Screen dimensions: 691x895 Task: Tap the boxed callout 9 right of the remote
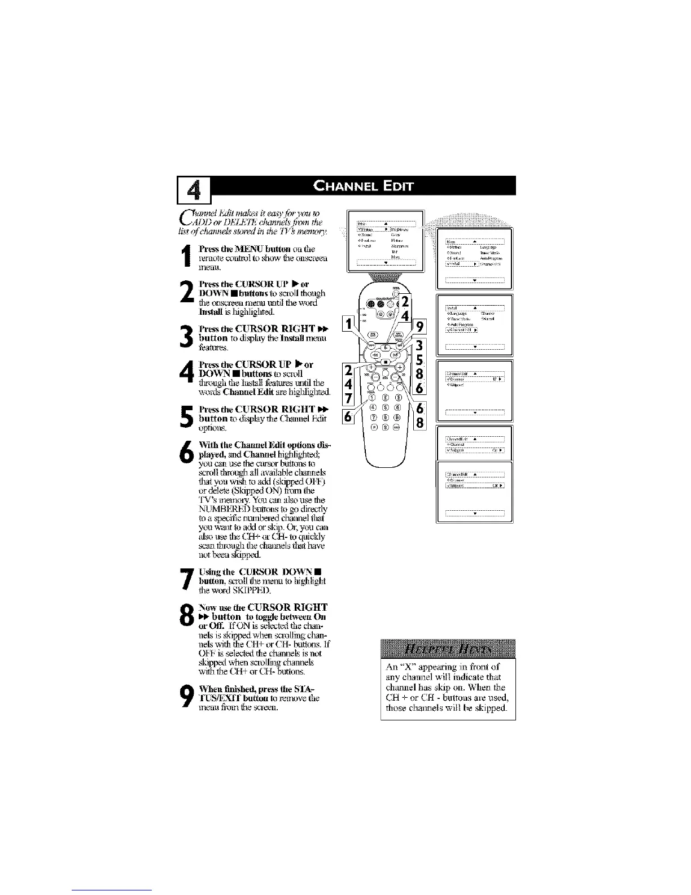420,326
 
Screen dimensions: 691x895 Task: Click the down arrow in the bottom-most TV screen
474,513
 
